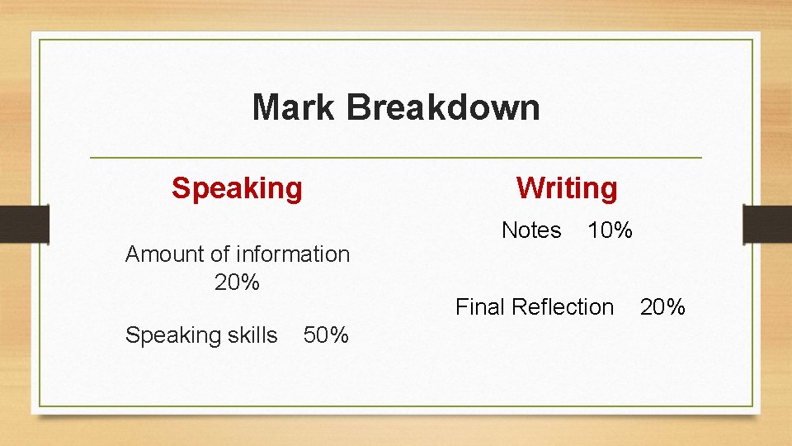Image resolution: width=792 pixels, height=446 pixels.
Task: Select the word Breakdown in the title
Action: click(x=444, y=107)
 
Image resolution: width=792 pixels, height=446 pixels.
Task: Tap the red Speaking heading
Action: click(x=237, y=188)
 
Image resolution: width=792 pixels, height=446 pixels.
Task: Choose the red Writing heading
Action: click(x=567, y=188)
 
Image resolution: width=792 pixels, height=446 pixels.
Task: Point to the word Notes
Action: click(x=531, y=230)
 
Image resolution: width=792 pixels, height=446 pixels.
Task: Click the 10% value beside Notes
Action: click(x=610, y=230)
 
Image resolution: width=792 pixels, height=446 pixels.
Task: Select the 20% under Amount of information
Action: click(x=237, y=282)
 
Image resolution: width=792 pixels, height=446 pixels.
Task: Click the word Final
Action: click(x=480, y=307)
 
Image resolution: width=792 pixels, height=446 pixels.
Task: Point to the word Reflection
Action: click(x=563, y=307)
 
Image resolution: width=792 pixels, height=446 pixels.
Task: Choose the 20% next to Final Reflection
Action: click(x=662, y=307)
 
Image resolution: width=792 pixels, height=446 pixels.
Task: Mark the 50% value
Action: click(x=326, y=335)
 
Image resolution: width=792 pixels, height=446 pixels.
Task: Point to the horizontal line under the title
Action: click(x=396, y=157)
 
